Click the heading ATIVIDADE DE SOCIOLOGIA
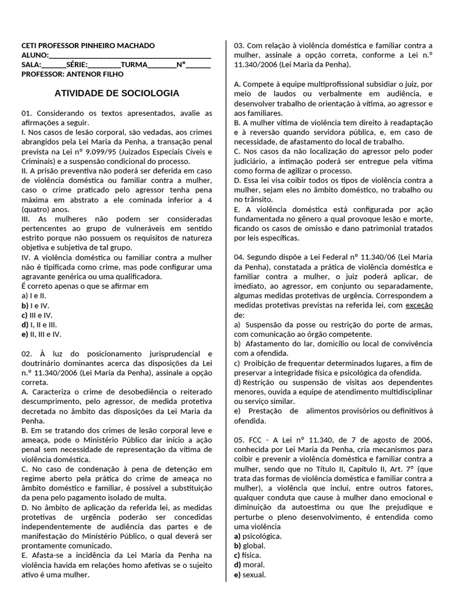point(117,93)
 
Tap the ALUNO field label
point(34,55)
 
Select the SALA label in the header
point(31,65)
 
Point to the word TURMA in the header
point(135,65)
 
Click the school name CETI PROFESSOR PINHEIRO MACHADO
point(88,46)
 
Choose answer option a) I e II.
point(34,296)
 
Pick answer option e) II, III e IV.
point(41,334)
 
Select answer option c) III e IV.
point(37,315)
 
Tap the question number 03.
point(238,46)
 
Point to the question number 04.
point(238,257)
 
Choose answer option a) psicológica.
point(257,536)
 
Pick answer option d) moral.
point(249,565)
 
